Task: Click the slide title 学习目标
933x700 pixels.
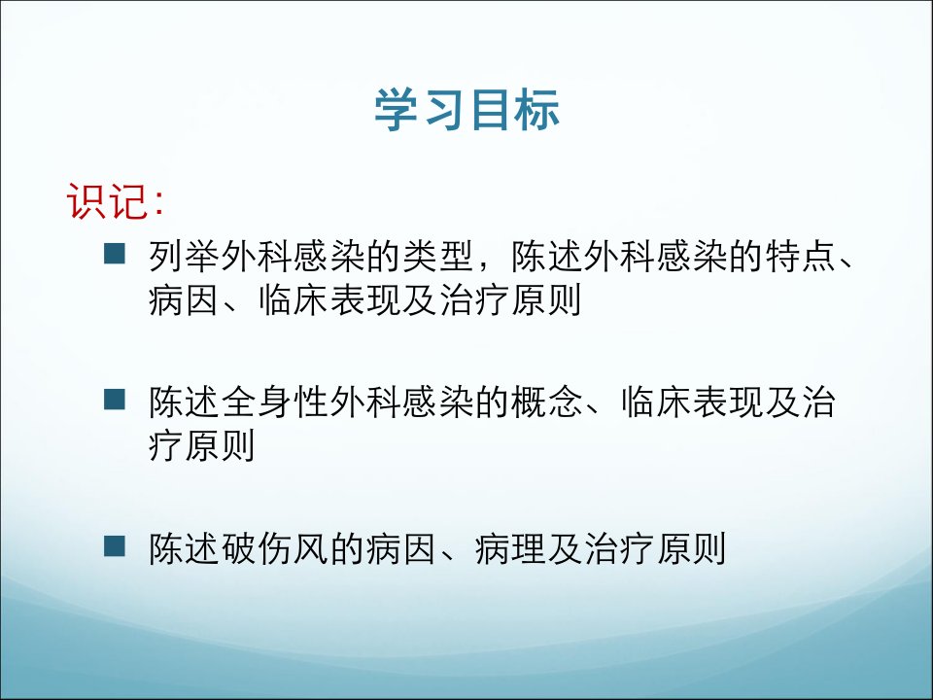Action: (467, 110)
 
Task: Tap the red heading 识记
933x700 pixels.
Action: (107, 200)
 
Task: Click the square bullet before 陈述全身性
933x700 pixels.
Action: (115, 400)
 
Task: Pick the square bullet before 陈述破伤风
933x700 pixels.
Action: (115, 545)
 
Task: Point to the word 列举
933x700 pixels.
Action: (185, 256)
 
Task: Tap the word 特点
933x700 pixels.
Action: (801, 256)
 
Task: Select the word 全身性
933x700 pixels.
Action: (275, 402)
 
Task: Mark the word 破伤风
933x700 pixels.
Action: (275, 548)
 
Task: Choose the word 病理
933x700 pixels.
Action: (511, 548)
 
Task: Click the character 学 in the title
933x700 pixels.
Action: (397, 110)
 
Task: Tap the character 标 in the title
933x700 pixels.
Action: (537, 110)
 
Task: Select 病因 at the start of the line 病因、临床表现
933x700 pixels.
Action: (185, 300)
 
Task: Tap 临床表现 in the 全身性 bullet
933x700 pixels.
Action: (693, 402)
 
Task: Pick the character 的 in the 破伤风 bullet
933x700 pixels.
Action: (348, 548)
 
